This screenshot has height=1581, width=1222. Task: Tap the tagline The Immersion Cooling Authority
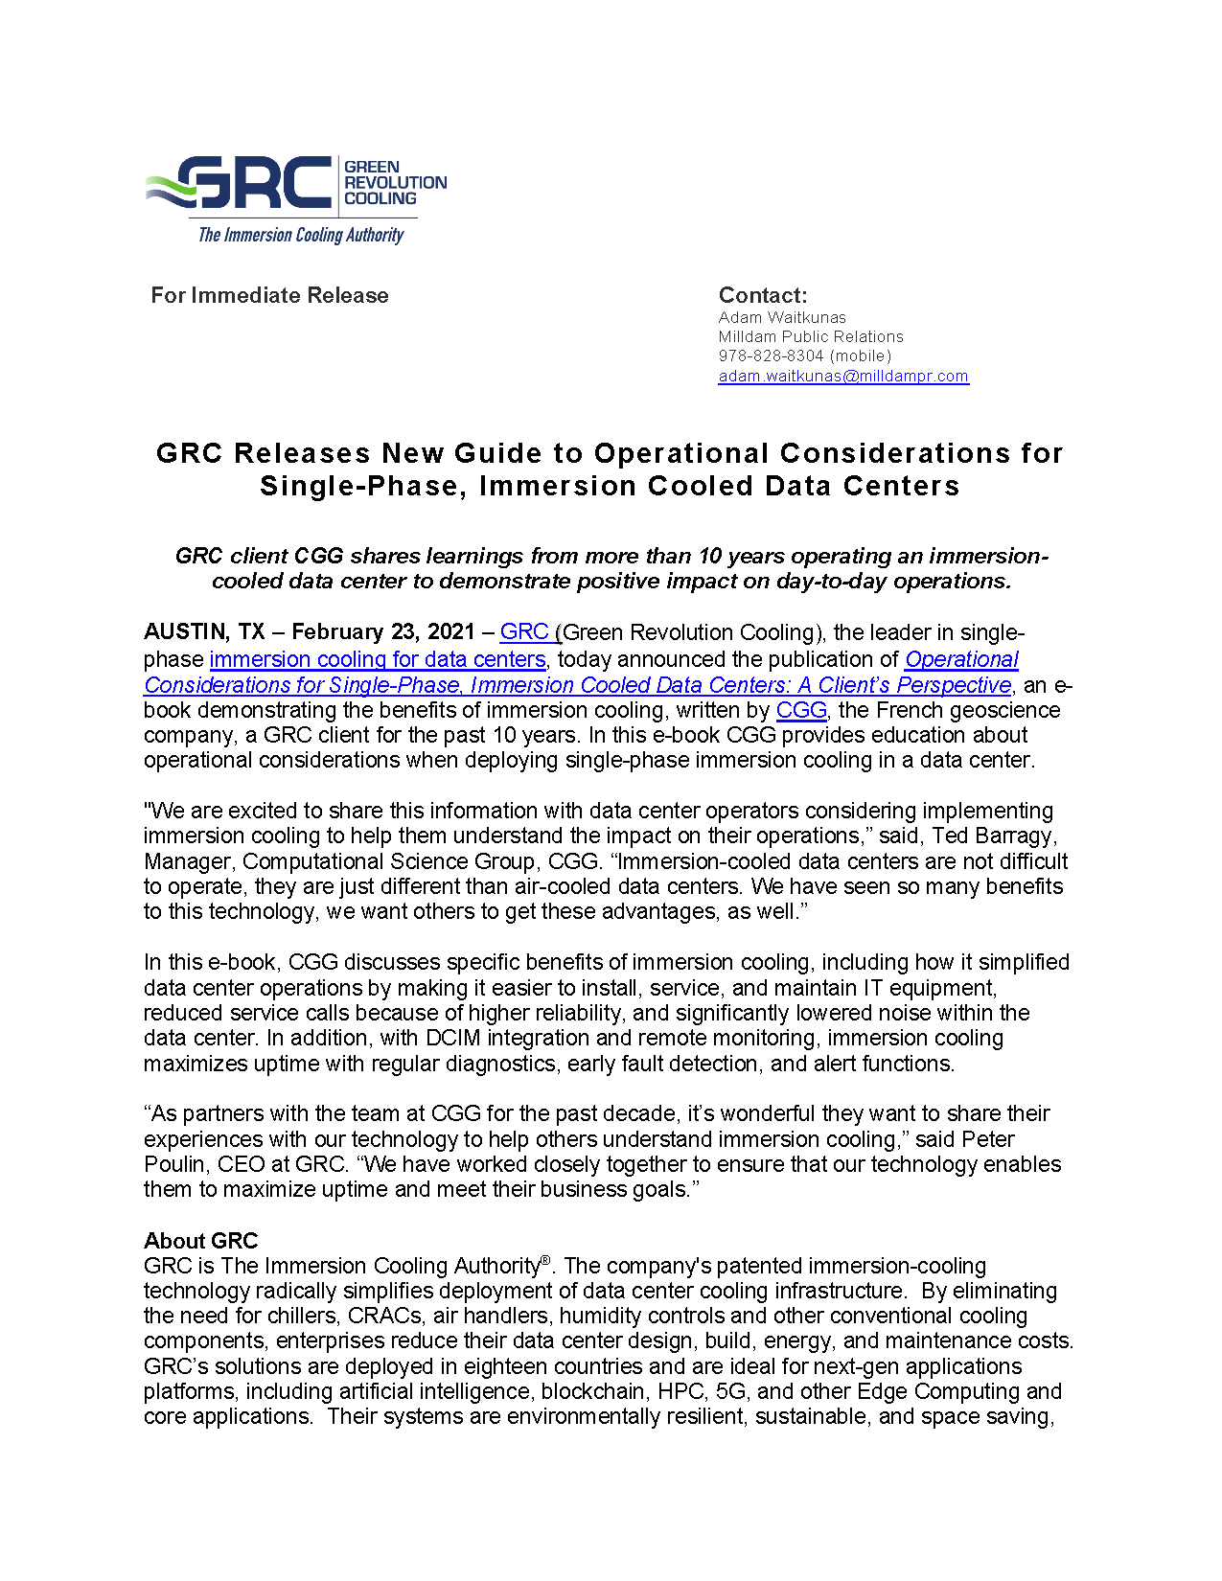(300, 235)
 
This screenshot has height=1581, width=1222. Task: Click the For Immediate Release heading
(269, 295)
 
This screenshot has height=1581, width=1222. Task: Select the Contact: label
(763, 295)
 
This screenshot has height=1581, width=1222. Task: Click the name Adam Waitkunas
(782, 317)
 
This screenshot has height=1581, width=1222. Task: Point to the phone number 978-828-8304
(771, 355)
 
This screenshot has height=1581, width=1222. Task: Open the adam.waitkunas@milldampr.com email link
(843, 376)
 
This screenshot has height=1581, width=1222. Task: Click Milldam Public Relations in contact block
(811, 336)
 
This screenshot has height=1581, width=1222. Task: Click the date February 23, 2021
(383, 631)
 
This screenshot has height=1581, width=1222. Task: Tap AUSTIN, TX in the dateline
(204, 631)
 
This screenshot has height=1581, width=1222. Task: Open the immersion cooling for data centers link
(378, 659)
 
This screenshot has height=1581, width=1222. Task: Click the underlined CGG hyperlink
(801, 710)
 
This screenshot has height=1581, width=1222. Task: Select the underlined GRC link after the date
(523, 631)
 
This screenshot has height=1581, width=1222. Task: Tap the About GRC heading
(201, 1241)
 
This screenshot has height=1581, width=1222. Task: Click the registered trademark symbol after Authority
(545, 1260)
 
